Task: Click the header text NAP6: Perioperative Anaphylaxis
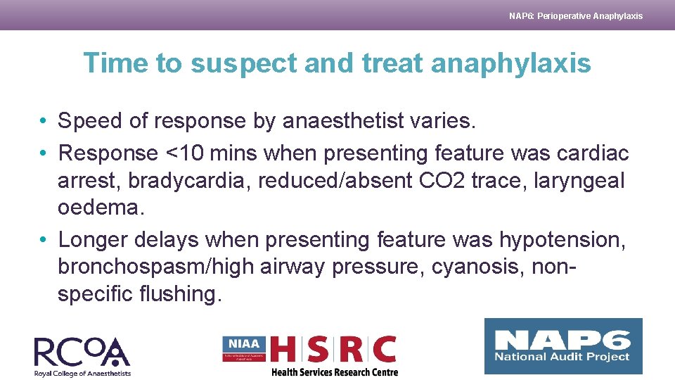coord(575,15)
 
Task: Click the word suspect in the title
coord(243,63)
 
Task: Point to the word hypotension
coord(562,240)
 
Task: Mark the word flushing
coord(182,293)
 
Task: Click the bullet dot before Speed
coord(44,122)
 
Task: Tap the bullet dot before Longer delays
coord(44,240)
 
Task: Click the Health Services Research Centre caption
coord(335,372)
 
